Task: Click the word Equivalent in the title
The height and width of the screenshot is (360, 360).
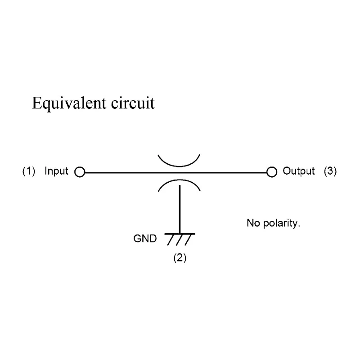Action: pyautogui.click(x=69, y=103)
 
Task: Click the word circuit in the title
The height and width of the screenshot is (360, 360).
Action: pyautogui.click(x=133, y=103)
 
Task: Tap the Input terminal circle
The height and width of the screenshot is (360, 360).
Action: pyautogui.click(x=80, y=172)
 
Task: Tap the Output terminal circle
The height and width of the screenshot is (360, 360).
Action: pyautogui.click(x=272, y=172)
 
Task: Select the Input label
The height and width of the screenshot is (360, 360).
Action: pyautogui.click(x=57, y=171)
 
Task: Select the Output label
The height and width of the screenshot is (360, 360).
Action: pyautogui.click(x=299, y=171)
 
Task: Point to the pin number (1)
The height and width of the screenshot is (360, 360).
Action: pyautogui.click(x=29, y=171)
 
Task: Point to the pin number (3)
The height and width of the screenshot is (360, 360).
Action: pyautogui.click(x=330, y=171)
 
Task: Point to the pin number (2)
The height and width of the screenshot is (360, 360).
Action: pyautogui.click(x=180, y=258)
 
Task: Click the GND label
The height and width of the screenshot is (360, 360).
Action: pyautogui.click(x=145, y=239)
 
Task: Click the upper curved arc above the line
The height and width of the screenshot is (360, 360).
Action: pyautogui.click(x=179, y=166)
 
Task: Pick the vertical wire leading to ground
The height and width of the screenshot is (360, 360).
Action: pyautogui.click(x=180, y=210)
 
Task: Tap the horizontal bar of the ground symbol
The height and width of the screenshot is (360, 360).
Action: pyautogui.click(x=180, y=234)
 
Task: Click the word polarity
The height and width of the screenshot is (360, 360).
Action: pyautogui.click(x=282, y=223)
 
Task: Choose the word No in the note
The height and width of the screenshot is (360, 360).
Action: pyautogui.click(x=253, y=223)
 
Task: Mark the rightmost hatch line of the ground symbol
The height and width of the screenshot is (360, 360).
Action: pyautogui.click(x=188, y=240)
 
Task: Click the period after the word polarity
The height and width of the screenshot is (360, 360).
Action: pyautogui.click(x=299, y=227)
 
